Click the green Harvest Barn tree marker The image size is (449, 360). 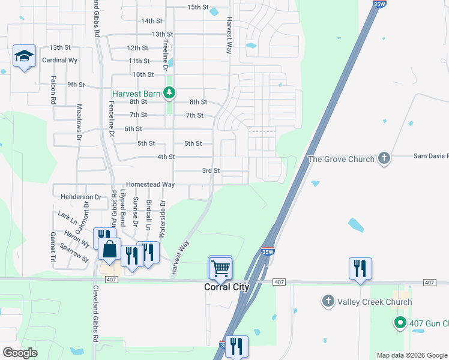click(170, 93)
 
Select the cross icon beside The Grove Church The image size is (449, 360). click(384, 159)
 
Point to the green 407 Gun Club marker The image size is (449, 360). click(400, 323)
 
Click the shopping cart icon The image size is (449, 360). click(220, 268)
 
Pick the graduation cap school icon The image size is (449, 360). click(24, 56)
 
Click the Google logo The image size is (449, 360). click(20, 353)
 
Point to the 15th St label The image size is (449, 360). click(197, 7)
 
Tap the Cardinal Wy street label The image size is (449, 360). click(60, 61)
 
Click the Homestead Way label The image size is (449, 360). click(150, 185)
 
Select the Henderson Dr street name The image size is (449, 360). click(81, 197)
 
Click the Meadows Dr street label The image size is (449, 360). click(79, 122)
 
